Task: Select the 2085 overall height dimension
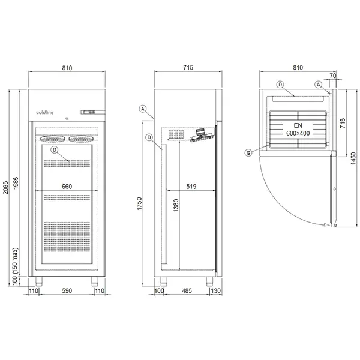pos(6,184)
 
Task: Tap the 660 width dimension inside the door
pos(67,187)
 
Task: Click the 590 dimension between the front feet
pos(67,291)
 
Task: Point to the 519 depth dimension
pos(190,187)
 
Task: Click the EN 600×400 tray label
pos(298,128)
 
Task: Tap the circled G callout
pos(248,152)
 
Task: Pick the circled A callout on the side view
pos(142,109)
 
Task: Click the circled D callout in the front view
pos(55,149)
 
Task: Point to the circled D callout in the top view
pos(280,85)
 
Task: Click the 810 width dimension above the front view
pos(67,68)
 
